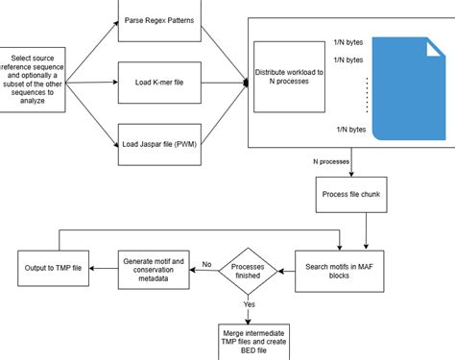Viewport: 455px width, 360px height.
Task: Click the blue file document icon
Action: [x=407, y=85]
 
